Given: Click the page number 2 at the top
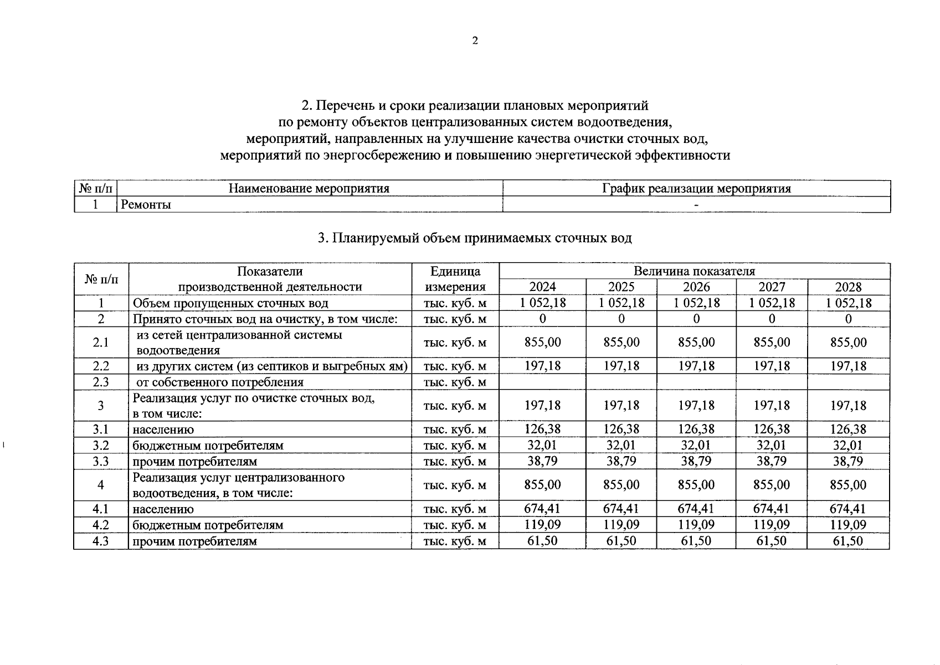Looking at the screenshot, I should (475, 40).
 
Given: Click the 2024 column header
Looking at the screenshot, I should (542, 287).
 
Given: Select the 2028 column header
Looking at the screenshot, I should (848, 287).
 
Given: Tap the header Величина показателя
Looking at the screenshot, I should (694, 271).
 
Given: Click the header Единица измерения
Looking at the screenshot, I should (455, 279).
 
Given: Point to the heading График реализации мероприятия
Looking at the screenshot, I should (696, 188).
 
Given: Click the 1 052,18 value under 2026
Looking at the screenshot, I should (696, 303).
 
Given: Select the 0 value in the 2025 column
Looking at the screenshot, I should (621, 319).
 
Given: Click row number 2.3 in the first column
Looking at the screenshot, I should (101, 382).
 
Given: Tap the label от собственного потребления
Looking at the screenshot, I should (220, 382).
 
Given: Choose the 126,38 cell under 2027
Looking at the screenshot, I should (772, 429).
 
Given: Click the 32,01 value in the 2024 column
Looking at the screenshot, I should (542, 446).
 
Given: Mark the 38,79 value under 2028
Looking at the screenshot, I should (848, 461).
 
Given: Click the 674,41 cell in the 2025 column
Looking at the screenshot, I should (621, 509).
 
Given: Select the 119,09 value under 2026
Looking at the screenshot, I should (696, 525).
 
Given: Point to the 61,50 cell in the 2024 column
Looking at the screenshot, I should (542, 541).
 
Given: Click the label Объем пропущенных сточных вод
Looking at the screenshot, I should (230, 303).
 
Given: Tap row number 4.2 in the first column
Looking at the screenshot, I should (101, 525).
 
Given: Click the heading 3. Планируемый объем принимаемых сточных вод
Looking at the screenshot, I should (475, 238).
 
